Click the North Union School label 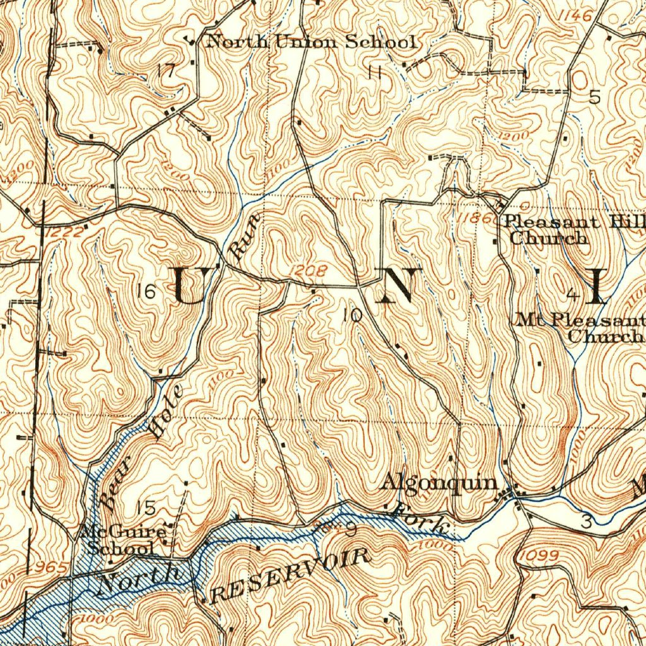312,42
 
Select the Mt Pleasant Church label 580,327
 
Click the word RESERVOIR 290,575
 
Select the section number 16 146,291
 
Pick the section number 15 146,507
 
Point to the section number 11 375,73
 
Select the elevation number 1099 539,555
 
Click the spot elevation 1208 309,271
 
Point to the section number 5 594,97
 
